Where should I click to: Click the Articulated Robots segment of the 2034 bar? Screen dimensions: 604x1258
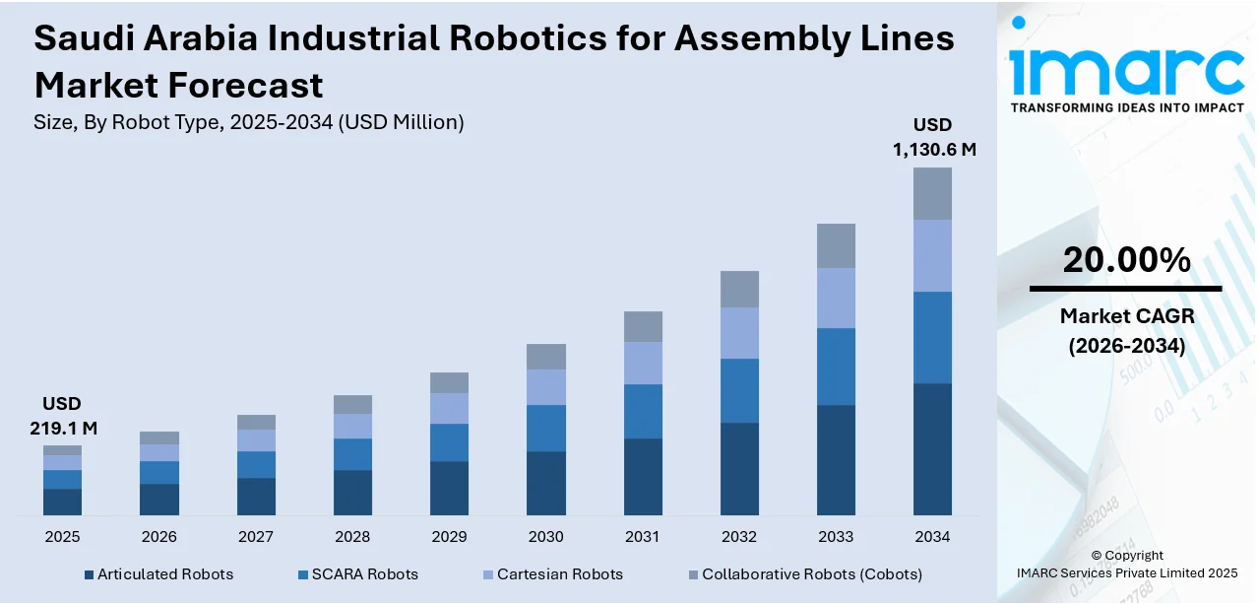[x=932, y=448]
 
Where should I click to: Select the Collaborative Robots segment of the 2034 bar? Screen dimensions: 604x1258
[x=932, y=193]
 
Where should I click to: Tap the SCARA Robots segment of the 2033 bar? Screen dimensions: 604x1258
[x=836, y=366]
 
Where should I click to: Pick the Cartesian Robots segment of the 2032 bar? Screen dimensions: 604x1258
[x=739, y=332]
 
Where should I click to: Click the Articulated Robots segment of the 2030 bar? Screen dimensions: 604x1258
[x=545, y=483]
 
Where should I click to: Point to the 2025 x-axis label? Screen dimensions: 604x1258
[x=62, y=537]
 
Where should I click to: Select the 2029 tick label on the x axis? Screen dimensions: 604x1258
[x=449, y=537]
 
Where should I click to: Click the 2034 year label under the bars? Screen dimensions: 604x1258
[x=932, y=537]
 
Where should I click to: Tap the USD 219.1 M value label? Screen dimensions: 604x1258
[x=62, y=416]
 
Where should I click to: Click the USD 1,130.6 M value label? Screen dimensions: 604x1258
[x=933, y=137]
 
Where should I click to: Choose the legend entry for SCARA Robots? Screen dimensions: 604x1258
[x=364, y=573]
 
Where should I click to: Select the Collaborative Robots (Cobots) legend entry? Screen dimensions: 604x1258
[x=811, y=573]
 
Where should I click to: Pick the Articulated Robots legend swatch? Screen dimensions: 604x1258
[x=89, y=574]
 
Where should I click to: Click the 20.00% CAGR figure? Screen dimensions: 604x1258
[x=1126, y=260]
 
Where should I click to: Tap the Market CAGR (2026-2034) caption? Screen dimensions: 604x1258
[x=1126, y=331]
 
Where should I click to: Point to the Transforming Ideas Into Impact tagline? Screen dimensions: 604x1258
[x=1127, y=107]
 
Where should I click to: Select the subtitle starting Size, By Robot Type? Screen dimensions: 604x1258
[x=249, y=122]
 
